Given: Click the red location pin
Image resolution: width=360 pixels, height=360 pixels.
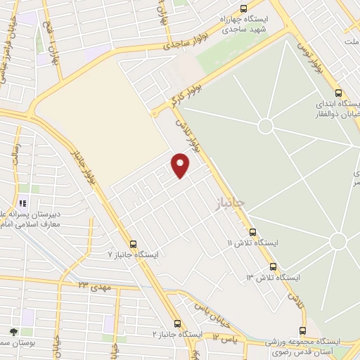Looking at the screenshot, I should click(181, 166).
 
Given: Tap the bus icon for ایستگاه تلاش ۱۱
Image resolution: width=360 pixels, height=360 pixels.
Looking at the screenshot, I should click(252, 233).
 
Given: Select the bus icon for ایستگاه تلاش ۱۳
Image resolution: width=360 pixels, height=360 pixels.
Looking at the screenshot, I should click(272, 267).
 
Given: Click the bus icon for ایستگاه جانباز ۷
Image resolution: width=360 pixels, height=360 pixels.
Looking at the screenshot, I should click(124, 243).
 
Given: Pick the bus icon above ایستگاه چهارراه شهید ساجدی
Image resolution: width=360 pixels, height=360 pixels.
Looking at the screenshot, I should click(244, 9).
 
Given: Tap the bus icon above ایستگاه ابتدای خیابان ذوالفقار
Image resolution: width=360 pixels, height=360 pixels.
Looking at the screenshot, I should click(338, 93).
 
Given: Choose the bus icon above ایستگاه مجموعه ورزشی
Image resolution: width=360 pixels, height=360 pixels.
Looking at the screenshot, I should click(303, 330).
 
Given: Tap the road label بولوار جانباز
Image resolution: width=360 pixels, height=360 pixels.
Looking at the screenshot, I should click(84, 168).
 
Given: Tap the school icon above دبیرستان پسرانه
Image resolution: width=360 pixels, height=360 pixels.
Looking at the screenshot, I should click(22, 204).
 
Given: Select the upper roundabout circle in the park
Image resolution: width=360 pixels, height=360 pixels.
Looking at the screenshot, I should click(265, 127).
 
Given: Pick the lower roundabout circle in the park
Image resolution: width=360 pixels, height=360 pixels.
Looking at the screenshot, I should click(338, 241).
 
